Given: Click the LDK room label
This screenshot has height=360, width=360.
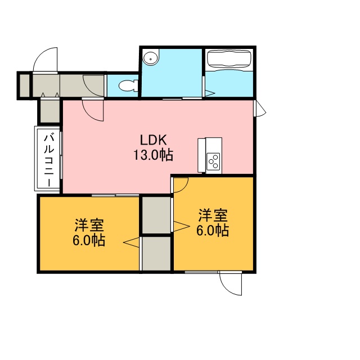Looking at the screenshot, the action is point(154,140).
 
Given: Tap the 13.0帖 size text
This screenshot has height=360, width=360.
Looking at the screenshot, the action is point(153,155).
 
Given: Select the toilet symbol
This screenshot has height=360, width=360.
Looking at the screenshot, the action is point(128,86).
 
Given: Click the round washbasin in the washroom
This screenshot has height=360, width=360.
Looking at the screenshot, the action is point(150,58).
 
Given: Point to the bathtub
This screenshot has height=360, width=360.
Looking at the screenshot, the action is point(229,58).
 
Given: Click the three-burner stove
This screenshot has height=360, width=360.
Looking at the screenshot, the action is point(213,161).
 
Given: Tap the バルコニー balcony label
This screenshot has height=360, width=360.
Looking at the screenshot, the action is point(49,160).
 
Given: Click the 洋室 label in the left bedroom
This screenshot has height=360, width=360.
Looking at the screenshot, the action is point(89,225).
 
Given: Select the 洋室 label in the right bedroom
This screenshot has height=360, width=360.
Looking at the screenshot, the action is point(213,215).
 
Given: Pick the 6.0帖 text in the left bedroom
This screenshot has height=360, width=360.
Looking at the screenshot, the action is point(89,240).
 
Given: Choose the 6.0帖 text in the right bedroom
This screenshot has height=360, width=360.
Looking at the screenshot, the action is point(213,230).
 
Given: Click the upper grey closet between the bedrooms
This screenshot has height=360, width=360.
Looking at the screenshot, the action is point(156,215).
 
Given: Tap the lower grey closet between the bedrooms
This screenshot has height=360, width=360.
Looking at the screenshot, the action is point(156,254).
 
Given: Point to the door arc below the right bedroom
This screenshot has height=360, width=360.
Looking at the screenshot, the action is point(226,287).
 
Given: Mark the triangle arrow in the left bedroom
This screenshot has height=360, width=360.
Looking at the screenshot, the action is point(131,242).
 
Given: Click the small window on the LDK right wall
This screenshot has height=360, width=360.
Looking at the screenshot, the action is point(259,109).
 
